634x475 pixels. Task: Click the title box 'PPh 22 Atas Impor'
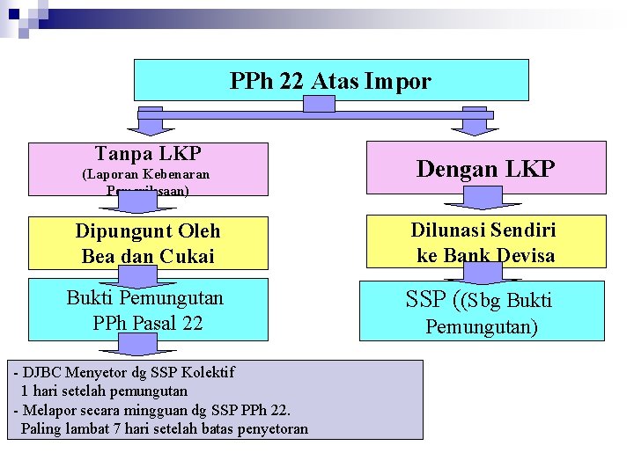pos(331,80)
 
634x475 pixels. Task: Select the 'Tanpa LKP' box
pos(148,168)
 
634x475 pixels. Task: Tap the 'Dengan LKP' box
pos(485,167)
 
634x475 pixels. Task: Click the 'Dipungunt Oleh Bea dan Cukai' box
pos(148,243)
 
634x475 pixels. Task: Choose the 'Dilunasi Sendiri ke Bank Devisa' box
pos(485,242)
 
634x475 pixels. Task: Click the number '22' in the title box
pos(291,82)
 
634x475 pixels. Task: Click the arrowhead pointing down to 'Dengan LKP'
pos(475,128)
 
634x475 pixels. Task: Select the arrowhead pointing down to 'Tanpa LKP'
pos(151,128)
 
